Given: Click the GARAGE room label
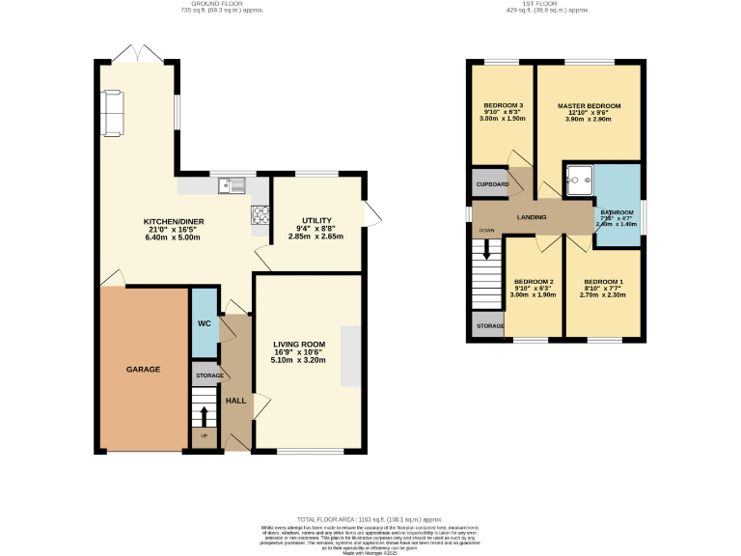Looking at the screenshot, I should point(143,369).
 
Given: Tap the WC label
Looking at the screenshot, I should point(205,323).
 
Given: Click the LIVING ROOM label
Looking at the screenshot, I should point(298,345).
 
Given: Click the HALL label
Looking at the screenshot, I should point(235,400).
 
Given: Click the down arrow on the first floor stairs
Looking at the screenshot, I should point(487,249).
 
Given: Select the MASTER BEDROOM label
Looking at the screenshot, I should point(589,105).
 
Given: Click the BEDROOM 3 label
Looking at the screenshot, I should point(503,105).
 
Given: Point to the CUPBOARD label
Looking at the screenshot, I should point(491,183).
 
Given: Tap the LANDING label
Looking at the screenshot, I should point(531,217).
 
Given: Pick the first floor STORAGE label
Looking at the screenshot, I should point(489,326).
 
